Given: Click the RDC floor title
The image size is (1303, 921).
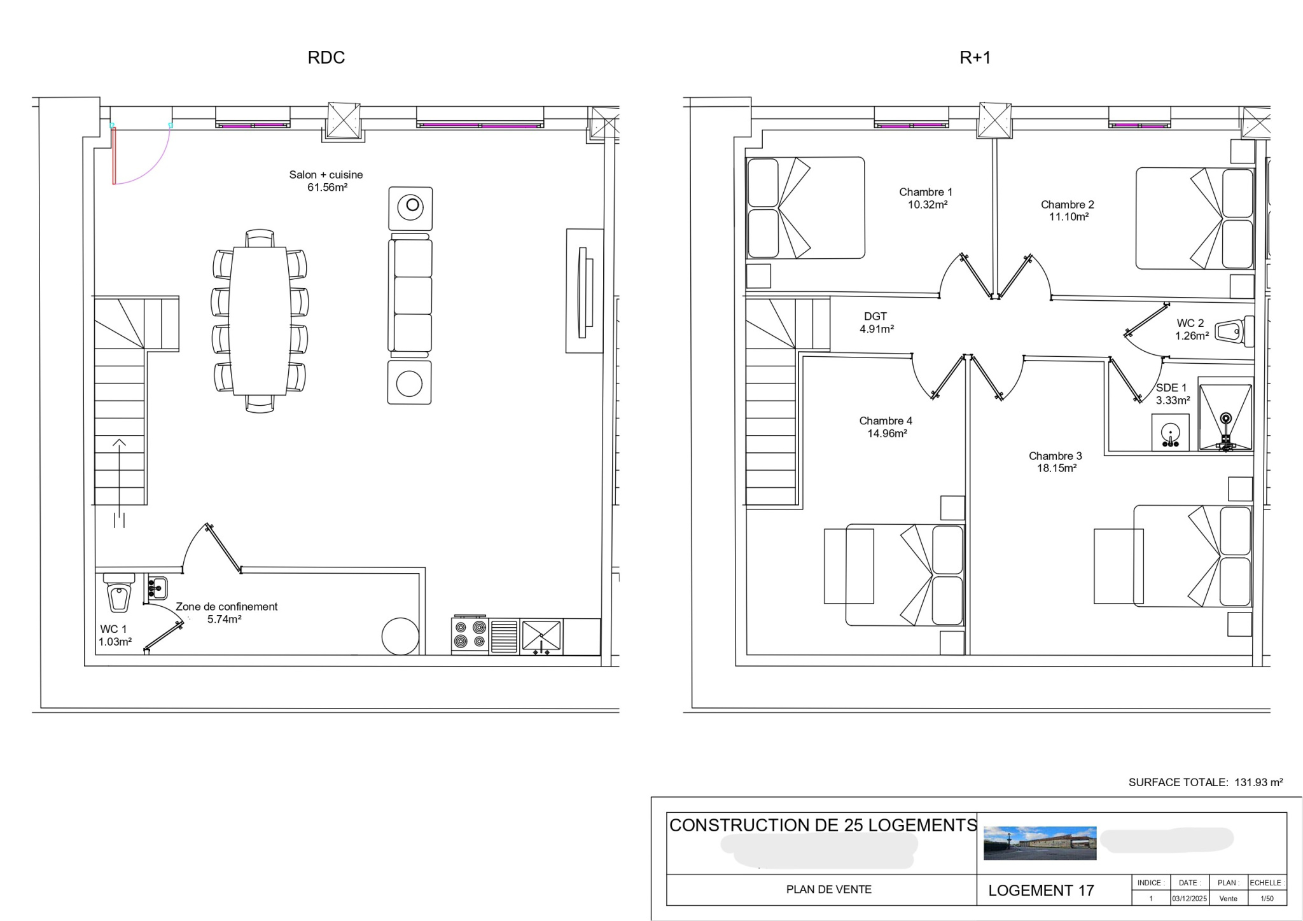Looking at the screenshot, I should tap(326, 57).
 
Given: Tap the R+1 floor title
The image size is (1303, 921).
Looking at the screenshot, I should tap(975, 57).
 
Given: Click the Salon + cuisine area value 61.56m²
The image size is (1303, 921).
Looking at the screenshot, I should tap(327, 187).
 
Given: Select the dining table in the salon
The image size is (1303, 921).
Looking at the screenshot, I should tap(260, 321).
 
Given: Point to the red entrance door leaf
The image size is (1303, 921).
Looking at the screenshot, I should tap(114, 156).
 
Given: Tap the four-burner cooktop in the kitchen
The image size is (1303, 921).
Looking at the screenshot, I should tap(470, 635).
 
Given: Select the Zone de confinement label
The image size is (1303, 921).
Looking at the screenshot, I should tap(226, 607).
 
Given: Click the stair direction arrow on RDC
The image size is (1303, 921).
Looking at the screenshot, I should tap(119, 443).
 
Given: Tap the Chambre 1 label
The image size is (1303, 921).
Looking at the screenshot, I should tap(925, 192).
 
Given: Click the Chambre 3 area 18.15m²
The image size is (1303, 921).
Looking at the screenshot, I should tap(1056, 468).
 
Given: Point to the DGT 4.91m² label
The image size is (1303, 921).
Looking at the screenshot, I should tap(876, 322).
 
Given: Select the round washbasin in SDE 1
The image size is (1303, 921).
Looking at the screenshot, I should tap(1169, 433).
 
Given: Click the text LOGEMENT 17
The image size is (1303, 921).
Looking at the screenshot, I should tap(1040, 890).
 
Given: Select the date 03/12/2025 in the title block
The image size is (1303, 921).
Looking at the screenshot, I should tap(1189, 899).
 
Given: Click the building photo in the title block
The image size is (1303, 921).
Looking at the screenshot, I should tap(1040, 843).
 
